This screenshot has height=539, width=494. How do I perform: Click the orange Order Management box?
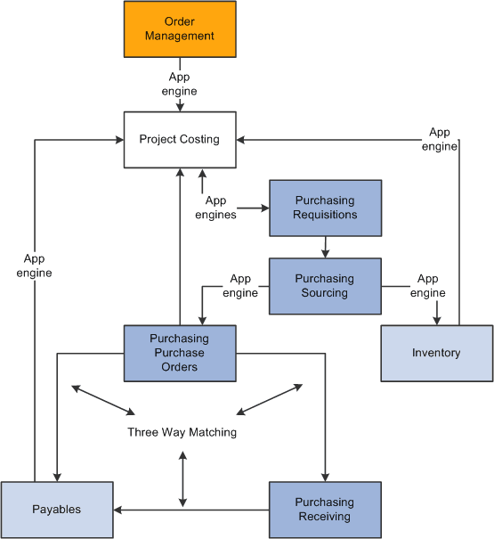[x=179, y=29]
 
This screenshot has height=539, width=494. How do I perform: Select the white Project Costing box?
[x=179, y=139]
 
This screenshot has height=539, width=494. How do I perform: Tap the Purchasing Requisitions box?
[x=325, y=208]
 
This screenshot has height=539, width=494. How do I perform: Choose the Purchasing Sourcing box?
[x=325, y=285]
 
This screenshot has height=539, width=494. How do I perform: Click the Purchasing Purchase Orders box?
[x=179, y=353]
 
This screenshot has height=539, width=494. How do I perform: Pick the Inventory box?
[x=436, y=353]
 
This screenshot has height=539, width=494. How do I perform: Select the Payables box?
[x=57, y=510]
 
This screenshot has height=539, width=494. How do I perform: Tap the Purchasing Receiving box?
[x=325, y=510]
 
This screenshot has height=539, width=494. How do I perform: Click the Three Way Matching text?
[x=182, y=432]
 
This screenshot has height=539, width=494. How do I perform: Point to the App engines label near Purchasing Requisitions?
[x=215, y=208]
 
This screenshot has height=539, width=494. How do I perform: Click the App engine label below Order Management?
[x=179, y=85]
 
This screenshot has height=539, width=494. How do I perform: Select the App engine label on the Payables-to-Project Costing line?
[x=35, y=265]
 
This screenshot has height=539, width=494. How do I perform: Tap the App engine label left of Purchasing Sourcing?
[x=240, y=285]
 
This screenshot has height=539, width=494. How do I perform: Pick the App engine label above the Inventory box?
[x=428, y=285]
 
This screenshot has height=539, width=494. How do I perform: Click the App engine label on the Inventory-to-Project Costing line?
[x=439, y=139]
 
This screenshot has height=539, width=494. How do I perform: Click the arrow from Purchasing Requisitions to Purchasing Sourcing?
[x=325, y=247]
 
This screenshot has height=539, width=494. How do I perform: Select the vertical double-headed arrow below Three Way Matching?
[x=182, y=479]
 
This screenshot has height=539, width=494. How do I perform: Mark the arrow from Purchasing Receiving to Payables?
[x=190, y=510]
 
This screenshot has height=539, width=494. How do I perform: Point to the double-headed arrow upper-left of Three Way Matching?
[x=102, y=400]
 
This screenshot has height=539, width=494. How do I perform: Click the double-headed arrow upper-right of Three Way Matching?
[x=271, y=399]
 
